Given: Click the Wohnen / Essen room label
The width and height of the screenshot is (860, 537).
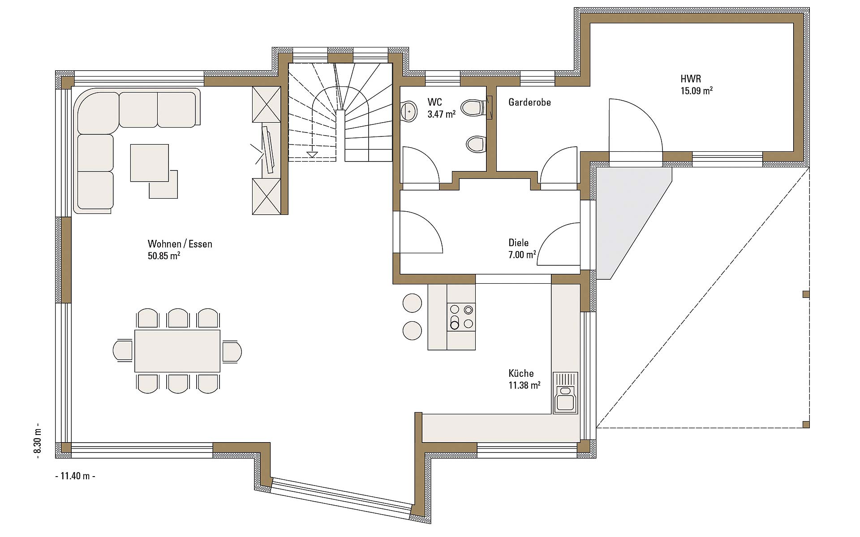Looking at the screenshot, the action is pyautogui.click(x=180, y=244).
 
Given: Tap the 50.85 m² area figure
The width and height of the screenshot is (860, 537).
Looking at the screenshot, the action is pyautogui.click(x=164, y=256).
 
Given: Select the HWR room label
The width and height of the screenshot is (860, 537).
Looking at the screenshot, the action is pyautogui.click(x=691, y=79).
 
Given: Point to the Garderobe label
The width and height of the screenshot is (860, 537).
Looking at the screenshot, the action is pyautogui.click(x=529, y=102).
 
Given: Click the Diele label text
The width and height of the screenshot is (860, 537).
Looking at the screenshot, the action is pyautogui.click(x=519, y=243).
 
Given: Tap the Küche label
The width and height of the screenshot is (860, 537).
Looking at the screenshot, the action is pyautogui.click(x=521, y=373).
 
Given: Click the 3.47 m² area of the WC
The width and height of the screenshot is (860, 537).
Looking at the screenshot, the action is pyautogui.click(x=441, y=114).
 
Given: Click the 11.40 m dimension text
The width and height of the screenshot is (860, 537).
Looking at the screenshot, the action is pyautogui.click(x=75, y=476).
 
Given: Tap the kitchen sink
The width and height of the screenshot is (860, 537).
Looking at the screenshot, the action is pyautogui.click(x=566, y=392).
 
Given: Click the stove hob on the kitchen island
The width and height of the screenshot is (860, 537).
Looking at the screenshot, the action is pyautogui.click(x=461, y=316).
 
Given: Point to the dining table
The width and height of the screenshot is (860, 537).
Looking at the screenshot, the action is pyautogui.click(x=177, y=351).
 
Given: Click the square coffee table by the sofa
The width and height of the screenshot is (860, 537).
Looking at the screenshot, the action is pyautogui.click(x=150, y=163).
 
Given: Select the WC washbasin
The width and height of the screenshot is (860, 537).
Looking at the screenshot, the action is pyautogui.click(x=408, y=111).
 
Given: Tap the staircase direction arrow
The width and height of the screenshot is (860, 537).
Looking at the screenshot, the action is pyautogui.click(x=312, y=154).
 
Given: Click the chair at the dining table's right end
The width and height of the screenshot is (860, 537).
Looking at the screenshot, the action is pyautogui.click(x=232, y=351).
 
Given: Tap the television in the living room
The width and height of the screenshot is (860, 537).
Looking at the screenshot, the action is pyautogui.click(x=268, y=149).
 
